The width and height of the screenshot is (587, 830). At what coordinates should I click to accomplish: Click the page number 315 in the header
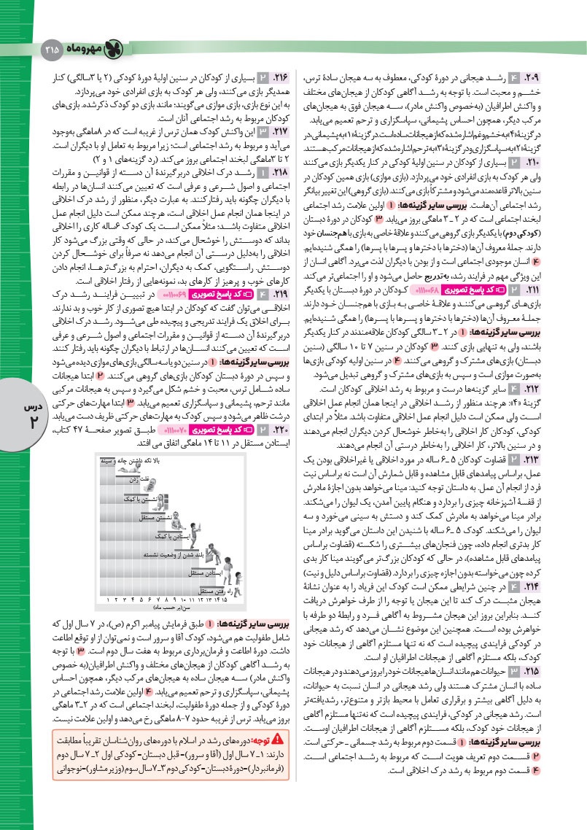click(53, 50)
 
